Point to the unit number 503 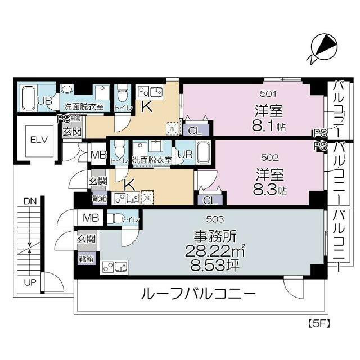[218, 219]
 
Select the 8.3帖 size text [268, 189]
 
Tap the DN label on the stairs [30, 200]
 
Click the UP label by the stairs [30, 281]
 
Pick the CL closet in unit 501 [195, 130]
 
